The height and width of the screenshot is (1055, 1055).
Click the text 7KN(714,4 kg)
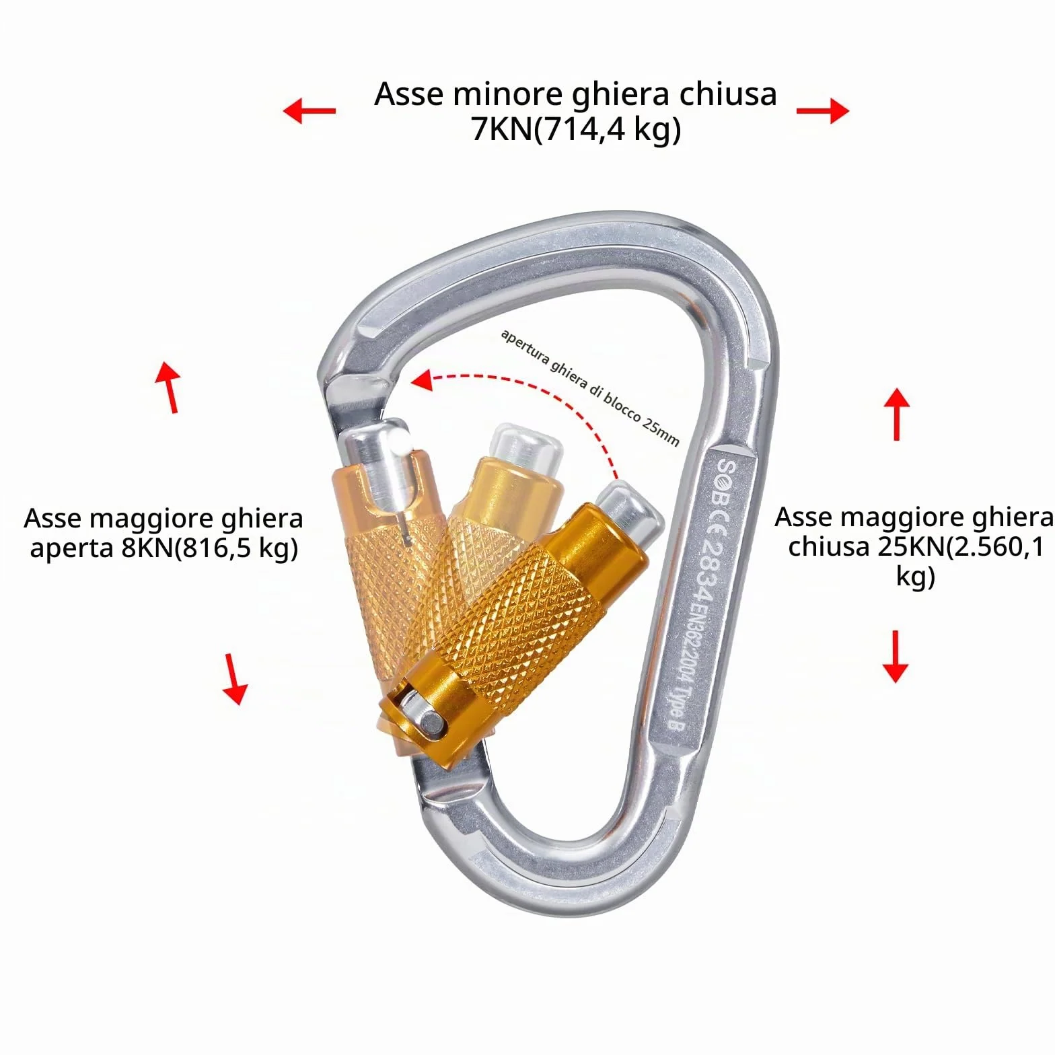pyautogui.click(x=576, y=129)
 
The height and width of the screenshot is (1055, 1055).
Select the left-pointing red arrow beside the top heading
pyautogui.click(x=309, y=110)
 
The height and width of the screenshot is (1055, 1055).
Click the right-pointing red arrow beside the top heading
pyautogui.click(x=823, y=110)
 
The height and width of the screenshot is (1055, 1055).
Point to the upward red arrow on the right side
pyautogui.click(x=896, y=414)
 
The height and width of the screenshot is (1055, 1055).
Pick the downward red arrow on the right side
pyautogui.click(x=896, y=656)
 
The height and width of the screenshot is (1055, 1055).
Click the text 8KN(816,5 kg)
pyautogui.click(x=209, y=549)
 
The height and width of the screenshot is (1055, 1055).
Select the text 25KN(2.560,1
pyautogui.click(x=960, y=548)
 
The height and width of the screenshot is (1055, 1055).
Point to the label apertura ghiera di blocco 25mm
pyautogui.click(x=590, y=388)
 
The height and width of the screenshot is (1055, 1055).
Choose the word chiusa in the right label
pyautogui.click(x=828, y=547)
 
